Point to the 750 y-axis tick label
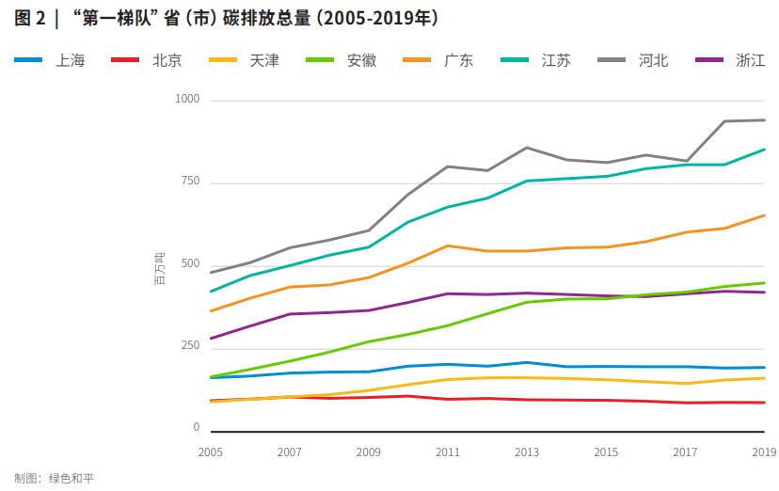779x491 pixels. [191, 181]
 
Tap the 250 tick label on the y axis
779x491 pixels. [191, 346]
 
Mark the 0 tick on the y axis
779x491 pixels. [197, 428]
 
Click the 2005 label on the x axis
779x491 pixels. [210, 452]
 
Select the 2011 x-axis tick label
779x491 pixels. [447, 452]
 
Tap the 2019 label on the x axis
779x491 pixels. [763, 452]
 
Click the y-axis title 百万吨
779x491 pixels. [159, 267]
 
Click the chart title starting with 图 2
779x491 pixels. [226, 19]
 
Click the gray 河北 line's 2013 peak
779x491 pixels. [526, 147]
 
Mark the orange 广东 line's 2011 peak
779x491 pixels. [447, 245]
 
